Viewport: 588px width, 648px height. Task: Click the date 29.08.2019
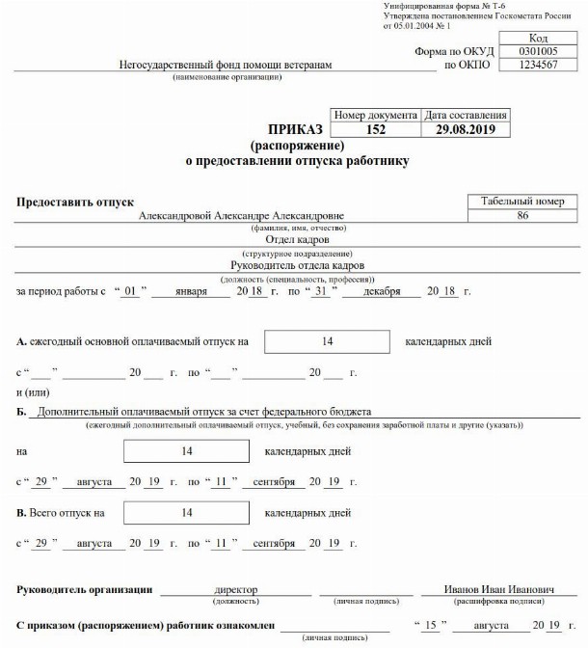tap(467, 129)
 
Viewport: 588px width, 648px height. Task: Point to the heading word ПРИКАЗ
tap(296, 129)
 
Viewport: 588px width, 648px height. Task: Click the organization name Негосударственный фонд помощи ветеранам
tap(225, 66)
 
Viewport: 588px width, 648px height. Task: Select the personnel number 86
tap(522, 216)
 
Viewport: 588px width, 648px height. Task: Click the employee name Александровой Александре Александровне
tap(241, 216)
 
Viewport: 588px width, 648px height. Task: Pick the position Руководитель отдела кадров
tap(297, 264)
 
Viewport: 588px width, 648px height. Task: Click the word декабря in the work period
tap(382, 290)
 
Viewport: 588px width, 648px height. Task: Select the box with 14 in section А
tap(327, 341)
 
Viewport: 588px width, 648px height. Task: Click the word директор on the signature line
tap(236, 589)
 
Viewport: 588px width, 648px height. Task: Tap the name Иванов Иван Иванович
tap(485, 589)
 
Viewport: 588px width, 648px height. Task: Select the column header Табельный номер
tap(522, 202)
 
